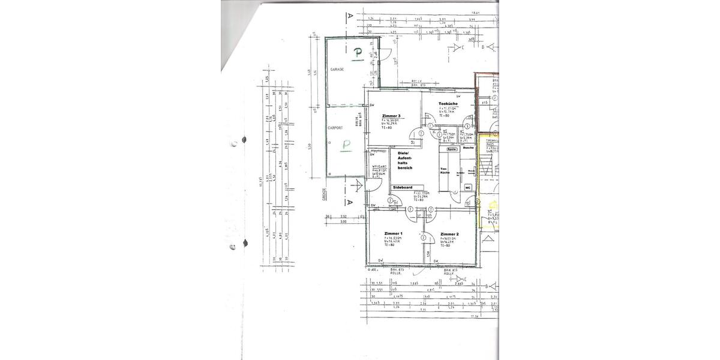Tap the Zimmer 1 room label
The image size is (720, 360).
click(x=393, y=233)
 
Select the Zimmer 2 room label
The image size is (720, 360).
click(x=449, y=233)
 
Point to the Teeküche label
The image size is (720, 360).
click(x=448, y=104)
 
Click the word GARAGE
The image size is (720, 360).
click(x=337, y=70)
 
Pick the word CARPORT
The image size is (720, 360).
click(x=335, y=128)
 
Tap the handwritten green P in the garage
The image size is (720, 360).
click(x=358, y=54)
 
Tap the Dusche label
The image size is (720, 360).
click(x=469, y=148)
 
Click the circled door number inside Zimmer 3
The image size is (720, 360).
click(x=422, y=134)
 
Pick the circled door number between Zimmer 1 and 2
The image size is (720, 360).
click(x=424, y=238)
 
